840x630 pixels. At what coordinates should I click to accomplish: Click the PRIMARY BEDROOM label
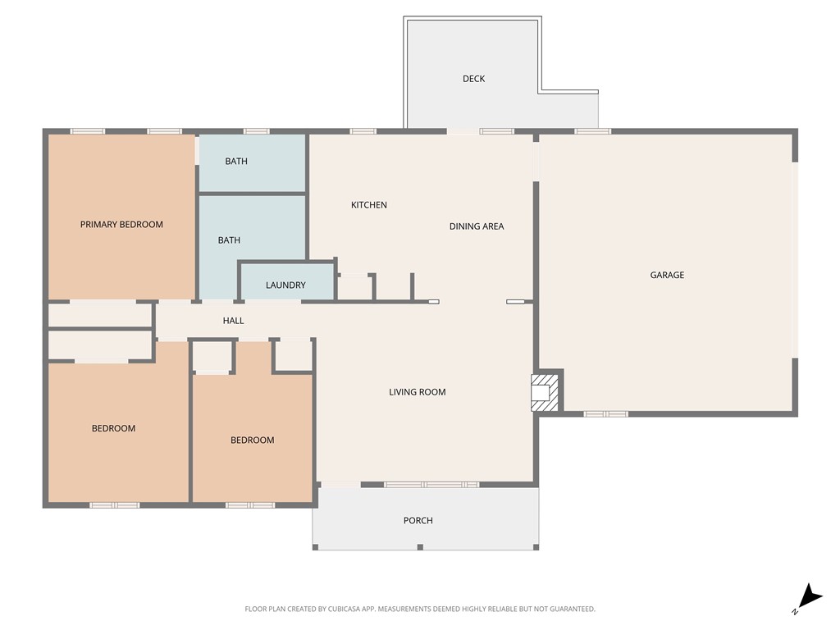(x=121, y=224)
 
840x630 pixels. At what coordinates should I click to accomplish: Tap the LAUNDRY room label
(x=285, y=285)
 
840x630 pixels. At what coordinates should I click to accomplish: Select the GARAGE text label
(x=667, y=275)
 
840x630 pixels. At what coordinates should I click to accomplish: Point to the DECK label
(x=473, y=79)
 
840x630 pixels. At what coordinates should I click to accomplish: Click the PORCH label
(x=418, y=520)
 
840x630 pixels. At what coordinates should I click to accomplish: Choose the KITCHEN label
(x=368, y=204)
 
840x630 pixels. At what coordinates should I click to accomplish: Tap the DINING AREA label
(x=476, y=226)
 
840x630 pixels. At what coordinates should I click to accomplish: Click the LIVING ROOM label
(x=417, y=391)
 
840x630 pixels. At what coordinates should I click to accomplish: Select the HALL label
(x=233, y=321)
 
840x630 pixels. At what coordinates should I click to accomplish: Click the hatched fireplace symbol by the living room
(x=542, y=391)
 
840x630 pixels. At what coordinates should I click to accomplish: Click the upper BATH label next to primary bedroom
(x=236, y=161)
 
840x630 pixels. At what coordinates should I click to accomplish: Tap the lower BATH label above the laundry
(x=229, y=240)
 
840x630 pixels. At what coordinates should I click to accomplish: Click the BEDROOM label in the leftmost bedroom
(x=113, y=428)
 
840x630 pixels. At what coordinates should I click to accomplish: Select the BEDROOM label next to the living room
(x=252, y=440)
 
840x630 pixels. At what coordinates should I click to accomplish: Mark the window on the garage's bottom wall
(x=605, y=414)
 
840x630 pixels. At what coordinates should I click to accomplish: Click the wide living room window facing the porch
(x=431, y=485)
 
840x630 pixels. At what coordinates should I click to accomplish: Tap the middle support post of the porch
(x=419, y=546)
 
